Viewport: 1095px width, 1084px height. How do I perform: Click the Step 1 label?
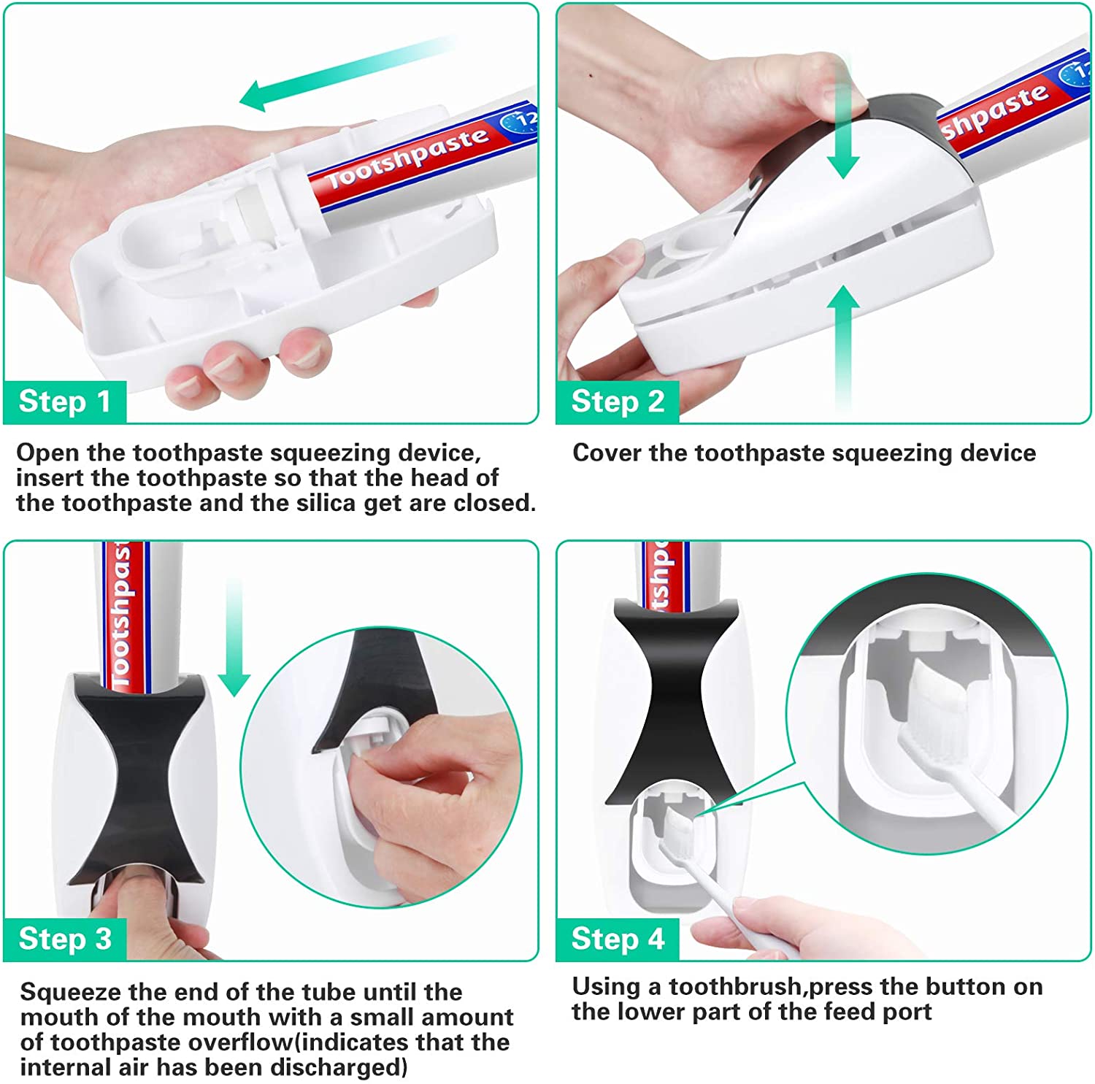click(64, 401)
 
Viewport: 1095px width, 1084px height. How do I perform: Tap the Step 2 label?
click(618, 401)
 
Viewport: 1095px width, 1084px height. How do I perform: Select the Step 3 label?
click(64, 939)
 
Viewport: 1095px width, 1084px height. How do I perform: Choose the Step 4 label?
click(618, 939)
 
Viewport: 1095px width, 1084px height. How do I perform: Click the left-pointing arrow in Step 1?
click(347, 73)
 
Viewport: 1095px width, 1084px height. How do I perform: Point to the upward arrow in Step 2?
click(844, 347)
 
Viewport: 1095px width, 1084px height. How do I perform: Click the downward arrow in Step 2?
click(844, 117)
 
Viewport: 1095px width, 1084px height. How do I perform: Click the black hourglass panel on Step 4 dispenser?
click(675, 701)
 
